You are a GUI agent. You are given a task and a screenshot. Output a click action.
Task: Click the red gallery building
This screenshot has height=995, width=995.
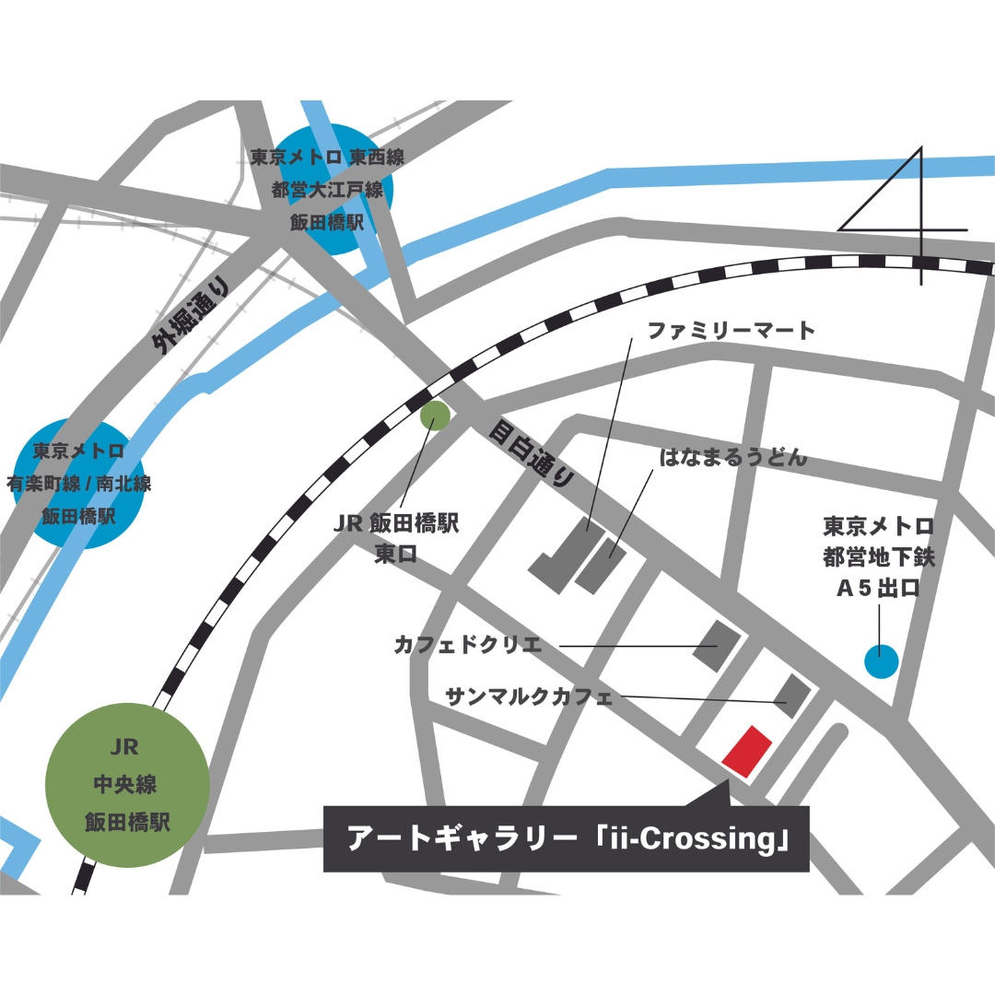tap(747, 751)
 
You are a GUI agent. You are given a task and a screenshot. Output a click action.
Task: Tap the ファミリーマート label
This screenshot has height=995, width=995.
tap(732, 331)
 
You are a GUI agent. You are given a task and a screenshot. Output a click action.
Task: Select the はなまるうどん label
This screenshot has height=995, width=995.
tap(733, 458)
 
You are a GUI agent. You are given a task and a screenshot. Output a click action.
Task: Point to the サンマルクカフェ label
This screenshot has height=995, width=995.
tap(528, 696)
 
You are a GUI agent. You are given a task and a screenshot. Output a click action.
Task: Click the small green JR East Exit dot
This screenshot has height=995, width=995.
tap(435, 416)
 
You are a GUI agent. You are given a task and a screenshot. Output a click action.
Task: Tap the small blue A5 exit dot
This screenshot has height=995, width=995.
tap(881, 660)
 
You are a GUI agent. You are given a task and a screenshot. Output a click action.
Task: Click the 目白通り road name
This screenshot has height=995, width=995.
tap(532, 453)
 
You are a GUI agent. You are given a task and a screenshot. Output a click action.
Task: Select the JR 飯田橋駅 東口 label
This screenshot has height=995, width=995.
tap(396, 537)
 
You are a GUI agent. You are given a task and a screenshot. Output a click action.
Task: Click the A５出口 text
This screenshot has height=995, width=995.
tap(877, 589)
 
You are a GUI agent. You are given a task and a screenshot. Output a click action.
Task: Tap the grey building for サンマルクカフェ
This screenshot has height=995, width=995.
tap(791, 695)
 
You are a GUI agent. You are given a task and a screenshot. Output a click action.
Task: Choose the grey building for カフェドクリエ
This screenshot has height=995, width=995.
tap(718, 645)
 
